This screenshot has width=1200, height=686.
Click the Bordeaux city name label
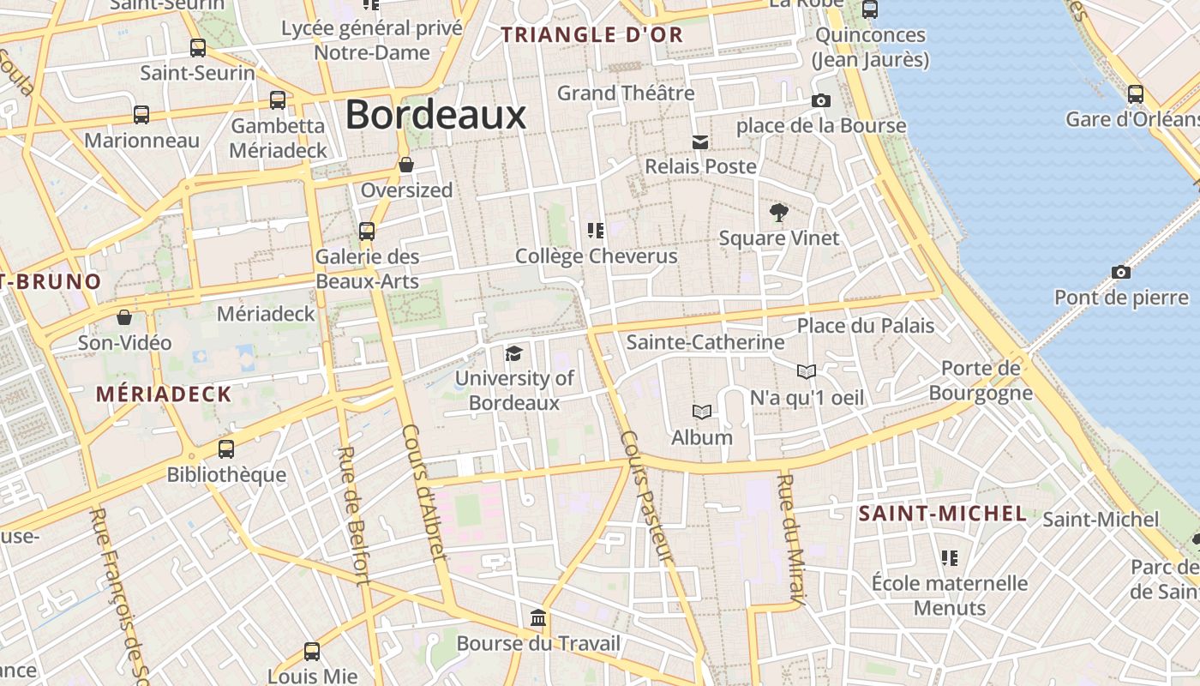(435, 115)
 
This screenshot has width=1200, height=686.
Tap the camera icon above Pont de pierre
(1120, 273)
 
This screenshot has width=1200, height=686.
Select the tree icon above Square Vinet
(778, 212)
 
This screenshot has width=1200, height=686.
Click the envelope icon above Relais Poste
(700, 141)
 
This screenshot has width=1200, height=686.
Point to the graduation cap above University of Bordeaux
(513, 353)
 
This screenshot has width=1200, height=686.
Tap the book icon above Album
(702, 412)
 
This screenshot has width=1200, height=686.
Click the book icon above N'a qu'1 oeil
(806, 371)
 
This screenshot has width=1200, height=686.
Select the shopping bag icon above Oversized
(406, 165)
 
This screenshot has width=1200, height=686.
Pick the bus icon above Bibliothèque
(226, 448)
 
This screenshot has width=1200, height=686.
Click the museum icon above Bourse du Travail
(538, 618)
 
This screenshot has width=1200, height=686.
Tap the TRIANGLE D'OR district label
(592, 35)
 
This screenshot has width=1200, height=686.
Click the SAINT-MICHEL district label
(943, 514)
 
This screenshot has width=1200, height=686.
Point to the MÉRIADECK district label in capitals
(163, 394)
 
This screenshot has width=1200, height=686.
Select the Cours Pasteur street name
(647, 496)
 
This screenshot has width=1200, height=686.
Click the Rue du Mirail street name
(790, 540)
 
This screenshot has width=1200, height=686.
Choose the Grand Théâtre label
(626, 93)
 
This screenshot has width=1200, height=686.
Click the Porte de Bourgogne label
(981, 381)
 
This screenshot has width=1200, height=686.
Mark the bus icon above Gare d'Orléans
(1135, 94)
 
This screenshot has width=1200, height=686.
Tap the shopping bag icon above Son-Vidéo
(124, 317)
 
